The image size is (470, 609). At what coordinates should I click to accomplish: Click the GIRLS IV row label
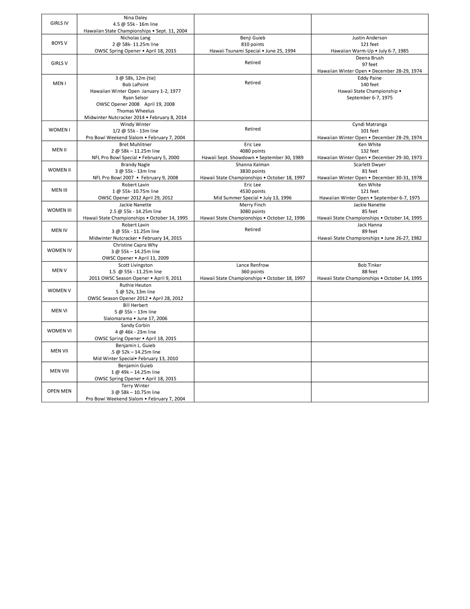pyautogui.click(x=59, y=24)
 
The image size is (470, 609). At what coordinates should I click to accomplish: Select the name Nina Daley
pyautogui.click(x=135, y=18)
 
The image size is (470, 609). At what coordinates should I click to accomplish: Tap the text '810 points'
pyautogui.click(x=252, y=44)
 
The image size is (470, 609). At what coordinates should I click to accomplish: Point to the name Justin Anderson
pyautogui.click(x=369, y=38)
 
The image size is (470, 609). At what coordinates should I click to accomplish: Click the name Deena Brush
pyautogui.click(x=369, y=58)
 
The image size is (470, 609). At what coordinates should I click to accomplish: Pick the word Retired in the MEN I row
pyautogui.click(x=252, y=83)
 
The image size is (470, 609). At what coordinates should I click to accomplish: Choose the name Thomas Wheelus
pyautogui.click(x=135, y=111)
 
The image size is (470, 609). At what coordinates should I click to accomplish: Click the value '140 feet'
pyautogui.click(x=369, y=85)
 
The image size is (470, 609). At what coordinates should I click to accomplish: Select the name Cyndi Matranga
pyautogui.click(x=369, y=124)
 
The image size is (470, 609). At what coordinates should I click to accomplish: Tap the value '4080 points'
pyautogui.click(x=252, y=151)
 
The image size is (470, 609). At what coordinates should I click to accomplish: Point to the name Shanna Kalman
pyautogui.click(x=252, y=165)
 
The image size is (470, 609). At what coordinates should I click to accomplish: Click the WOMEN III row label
pyautogui.click(x=59, y=210)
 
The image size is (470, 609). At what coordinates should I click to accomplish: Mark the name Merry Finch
pyautogui.click(x=252, y=205)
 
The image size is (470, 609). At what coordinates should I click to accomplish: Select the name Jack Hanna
pyautogui.click(x=369, y=225)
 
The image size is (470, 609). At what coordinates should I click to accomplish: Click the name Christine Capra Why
pyautogui.click(x=135, y=245)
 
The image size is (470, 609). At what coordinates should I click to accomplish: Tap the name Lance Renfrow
pyautogui.click(x=252, y=265)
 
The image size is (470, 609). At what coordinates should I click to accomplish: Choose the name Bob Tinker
pyautogui.click(x=369, y=265)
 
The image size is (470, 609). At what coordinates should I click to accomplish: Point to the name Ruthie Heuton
pyautogui.click(x=135, y=285)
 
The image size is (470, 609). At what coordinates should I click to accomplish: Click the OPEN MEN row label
pyautogui.click(x=59, y=391)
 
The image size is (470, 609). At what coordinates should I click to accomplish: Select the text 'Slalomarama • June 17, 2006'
pyautogui.click(x=135, y=318)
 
